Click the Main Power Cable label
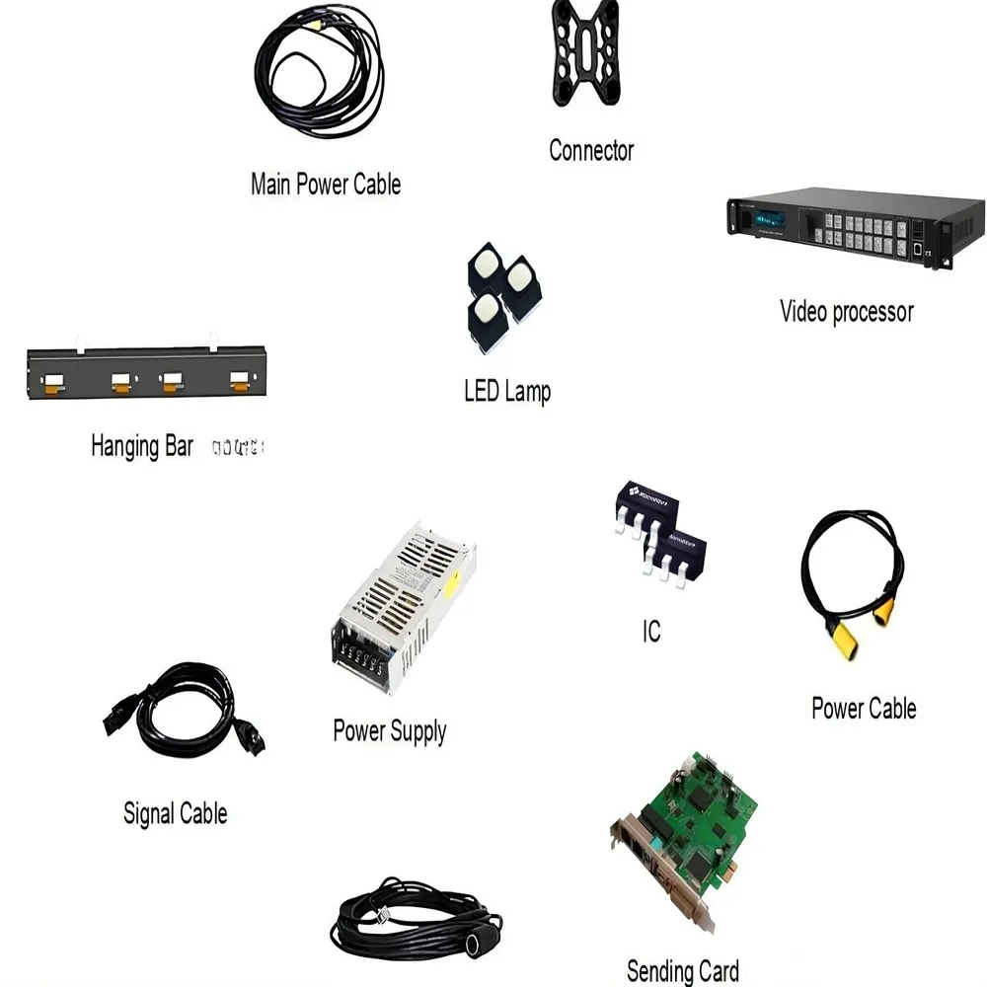(325, 184)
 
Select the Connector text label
(590, 151)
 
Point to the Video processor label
(846, 312)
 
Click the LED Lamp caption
(507, 391)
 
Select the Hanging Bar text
(142, 446)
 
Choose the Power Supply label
(389, 731)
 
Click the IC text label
(650, 632)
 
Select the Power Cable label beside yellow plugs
(863, 709)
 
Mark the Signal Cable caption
(175, 814)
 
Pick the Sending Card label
(682, 970)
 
